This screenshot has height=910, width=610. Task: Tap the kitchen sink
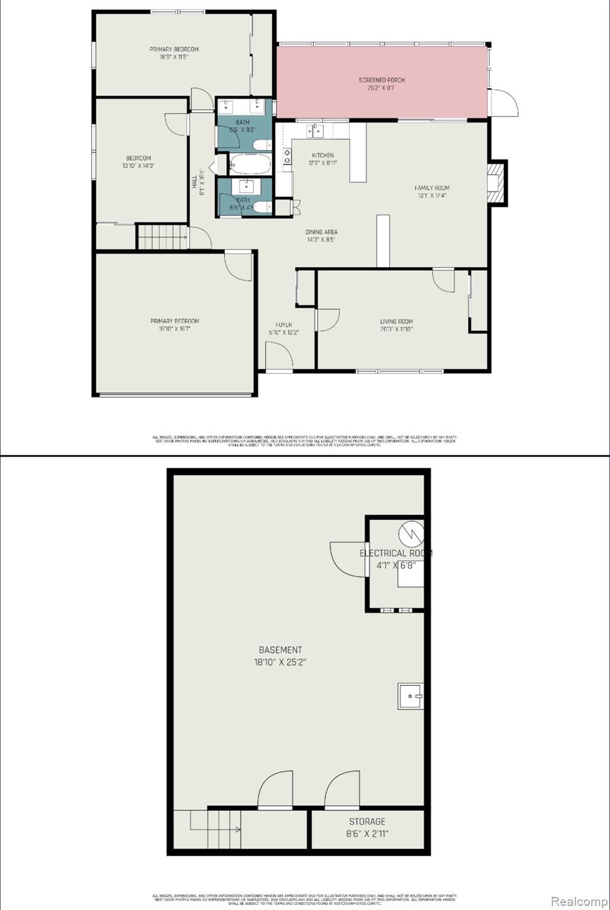click(x=314, y=131)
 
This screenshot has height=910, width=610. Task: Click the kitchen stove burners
click(x=287, y=156)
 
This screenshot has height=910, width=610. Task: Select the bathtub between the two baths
click(x=250, y=163)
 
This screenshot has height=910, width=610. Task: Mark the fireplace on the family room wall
click(x=496, y=182)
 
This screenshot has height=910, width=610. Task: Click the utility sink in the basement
click(x=410, y=696)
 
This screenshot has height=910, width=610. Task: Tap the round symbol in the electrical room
click(x=411, y=534)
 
